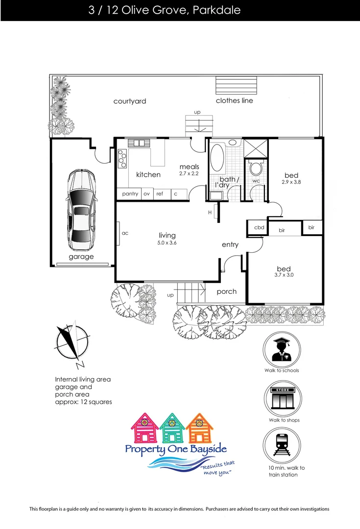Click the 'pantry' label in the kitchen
coord(130,194)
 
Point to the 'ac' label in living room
coord(124,233)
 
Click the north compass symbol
coord(72,345)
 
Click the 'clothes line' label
coord(235,100)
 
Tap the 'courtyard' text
coord(130,101)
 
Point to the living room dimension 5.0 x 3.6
coord(167,243)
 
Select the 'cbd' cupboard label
coord(259,228)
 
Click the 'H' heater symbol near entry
coord(210,212)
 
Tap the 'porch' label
coord(226,291)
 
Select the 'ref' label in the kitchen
coord(160,194)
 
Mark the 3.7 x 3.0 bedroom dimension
coord(284,275)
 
